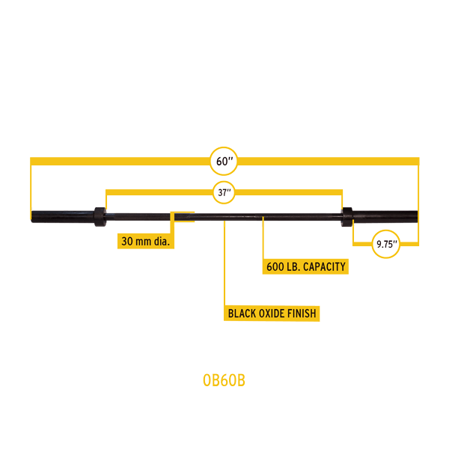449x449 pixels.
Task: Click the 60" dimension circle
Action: [x=224, y=162]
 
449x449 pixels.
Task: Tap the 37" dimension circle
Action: [x=224, y=192]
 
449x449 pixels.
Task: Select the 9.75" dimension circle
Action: [x=386, y=244]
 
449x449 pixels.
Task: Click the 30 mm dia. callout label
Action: [x=146, y=241]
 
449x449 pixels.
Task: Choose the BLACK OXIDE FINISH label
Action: [x=272, y=314]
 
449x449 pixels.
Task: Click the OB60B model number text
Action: [x=224, y=380]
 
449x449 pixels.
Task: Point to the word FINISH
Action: [x=302, y=314]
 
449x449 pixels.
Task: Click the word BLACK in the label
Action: [x=243, y=314]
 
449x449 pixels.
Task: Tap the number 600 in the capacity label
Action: [x=275, y=266]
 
